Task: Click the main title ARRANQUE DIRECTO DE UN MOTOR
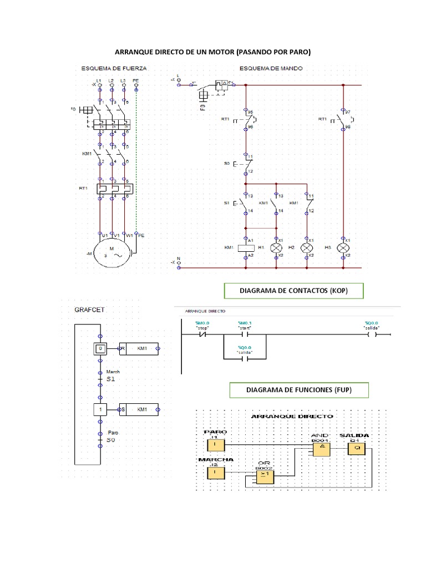point(212,52)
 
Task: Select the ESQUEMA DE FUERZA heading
point(114,69)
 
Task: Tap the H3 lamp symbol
point(343,247)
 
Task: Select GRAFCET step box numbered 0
point(100,348)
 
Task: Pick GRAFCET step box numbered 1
point(100,409)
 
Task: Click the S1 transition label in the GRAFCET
point(111,379)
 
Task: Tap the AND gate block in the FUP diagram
point(321,450)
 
